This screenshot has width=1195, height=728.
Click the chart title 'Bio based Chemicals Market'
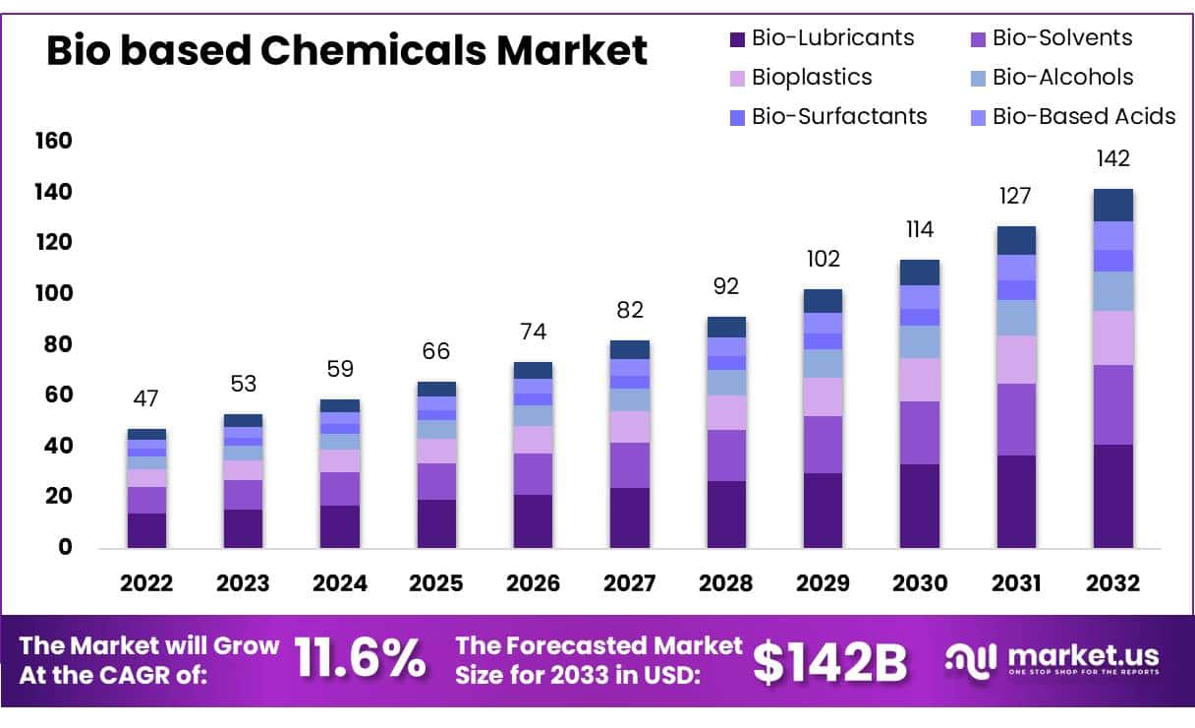point(346,50)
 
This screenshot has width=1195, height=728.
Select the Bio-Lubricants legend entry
point(822,38)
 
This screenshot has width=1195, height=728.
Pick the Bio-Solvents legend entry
point(1051,38)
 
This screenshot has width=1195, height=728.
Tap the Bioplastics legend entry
point(800,77)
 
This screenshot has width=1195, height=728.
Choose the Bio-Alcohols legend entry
point(1051,77)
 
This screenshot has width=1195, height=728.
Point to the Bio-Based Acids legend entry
point(1071,116)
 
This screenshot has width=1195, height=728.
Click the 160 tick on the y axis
point(54,141)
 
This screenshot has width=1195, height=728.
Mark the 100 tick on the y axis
point(54,293)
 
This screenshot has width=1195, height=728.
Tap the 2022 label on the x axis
point(146,582)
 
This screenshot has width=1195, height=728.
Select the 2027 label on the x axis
point(629,582)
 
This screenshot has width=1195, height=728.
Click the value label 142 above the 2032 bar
point(1112,158)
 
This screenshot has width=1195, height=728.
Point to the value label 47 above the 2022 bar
point(146,398)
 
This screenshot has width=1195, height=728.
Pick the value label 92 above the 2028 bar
point(726,286)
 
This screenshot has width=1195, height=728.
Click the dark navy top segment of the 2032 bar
point(1112,205)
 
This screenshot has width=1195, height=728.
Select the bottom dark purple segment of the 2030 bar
point(919,506)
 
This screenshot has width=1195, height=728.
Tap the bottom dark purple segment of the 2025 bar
point(436,523)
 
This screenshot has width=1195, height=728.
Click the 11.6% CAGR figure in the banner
point(362,659)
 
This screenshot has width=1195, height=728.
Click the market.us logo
point(1052,659)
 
